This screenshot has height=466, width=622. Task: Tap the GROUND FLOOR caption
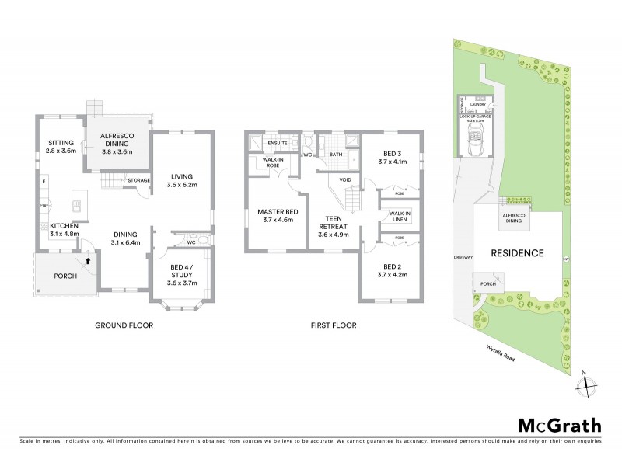click(125, 325)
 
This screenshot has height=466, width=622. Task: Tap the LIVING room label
click(183, 179)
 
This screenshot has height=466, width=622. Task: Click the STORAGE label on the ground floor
click(139, 180)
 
